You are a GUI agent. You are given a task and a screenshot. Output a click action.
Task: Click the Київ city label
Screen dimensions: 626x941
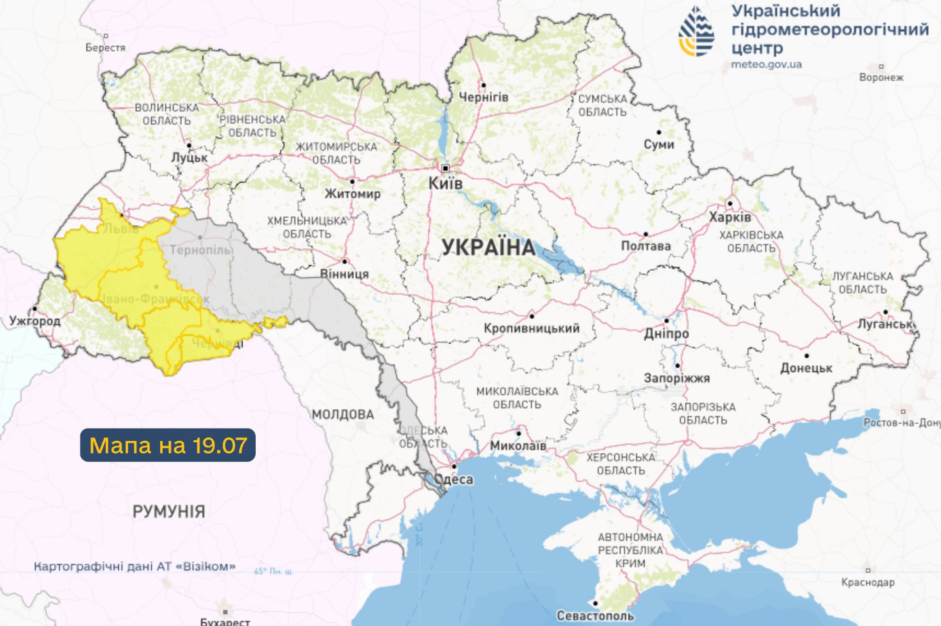tap(445, 183)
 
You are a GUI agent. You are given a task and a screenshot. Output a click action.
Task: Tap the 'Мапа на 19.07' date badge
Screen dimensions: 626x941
tap(168, 445)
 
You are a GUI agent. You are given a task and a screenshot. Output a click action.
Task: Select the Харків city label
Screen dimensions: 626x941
tap(730, 217)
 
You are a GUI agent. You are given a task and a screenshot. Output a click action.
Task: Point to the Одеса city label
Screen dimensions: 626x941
tap(454, 480)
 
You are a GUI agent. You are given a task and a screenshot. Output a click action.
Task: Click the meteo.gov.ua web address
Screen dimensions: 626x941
tap(766, 64)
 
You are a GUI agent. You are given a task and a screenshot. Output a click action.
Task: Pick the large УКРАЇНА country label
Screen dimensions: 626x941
tap(488, 248)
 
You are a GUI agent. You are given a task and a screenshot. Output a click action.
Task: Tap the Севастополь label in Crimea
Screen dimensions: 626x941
tap(595, 616)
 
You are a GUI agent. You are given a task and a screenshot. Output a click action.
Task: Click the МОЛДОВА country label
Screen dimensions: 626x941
tap(343, 414)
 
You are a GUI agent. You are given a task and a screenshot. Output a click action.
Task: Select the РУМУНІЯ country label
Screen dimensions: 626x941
tap(169, 511)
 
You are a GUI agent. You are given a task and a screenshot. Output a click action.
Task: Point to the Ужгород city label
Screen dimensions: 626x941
tap(35, 321)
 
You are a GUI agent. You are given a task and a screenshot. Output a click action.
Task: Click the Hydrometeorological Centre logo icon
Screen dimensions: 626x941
tap(697, 32)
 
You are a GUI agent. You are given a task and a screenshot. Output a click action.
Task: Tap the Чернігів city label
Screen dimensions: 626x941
tap(484, 98)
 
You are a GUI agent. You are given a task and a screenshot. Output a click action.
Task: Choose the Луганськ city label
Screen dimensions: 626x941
tap(885, 324)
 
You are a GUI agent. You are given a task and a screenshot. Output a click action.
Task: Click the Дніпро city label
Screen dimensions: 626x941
tap(666, 334)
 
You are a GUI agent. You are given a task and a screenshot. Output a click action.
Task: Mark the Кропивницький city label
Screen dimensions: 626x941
tap(531, 328)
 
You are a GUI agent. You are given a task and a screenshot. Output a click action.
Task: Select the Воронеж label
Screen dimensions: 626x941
tap(881, 77)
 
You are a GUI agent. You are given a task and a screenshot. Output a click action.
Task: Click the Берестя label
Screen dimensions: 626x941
tap(105, 47)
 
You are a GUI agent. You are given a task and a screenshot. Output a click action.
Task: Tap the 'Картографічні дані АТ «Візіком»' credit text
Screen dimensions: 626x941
tap(135, 566)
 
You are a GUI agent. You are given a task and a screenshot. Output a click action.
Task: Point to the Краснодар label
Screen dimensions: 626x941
tap(867, 582)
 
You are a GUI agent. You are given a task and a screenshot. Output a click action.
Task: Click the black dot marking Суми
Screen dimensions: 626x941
tap(659, 132)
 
